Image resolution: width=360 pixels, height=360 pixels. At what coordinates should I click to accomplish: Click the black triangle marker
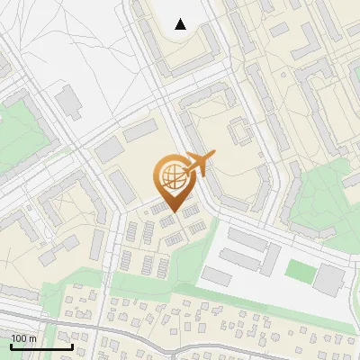181,24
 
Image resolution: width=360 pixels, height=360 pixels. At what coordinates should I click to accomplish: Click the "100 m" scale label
23,338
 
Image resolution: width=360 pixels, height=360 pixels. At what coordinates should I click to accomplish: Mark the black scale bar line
41,346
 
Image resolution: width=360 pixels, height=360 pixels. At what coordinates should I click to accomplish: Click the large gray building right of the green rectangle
328,281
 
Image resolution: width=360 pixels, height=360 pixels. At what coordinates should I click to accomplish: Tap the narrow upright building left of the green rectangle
270,260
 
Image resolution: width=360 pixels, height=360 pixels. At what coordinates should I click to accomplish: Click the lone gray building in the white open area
67,101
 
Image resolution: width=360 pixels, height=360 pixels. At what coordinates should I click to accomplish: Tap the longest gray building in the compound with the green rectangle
248,240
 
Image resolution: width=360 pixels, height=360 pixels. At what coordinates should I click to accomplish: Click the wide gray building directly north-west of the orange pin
140,131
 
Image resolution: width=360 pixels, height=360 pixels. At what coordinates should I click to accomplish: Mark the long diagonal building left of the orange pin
121,185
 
